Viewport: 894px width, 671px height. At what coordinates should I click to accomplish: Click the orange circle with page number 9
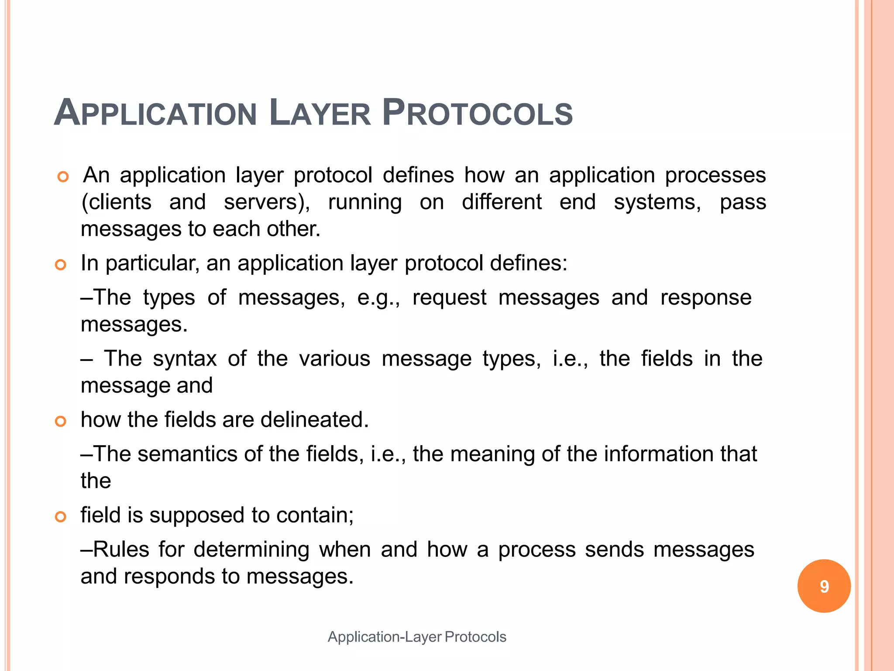coord(824,586)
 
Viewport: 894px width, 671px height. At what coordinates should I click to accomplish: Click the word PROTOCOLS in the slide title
coord(477,113)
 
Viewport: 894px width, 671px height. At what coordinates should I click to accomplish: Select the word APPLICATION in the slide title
coord(155,113)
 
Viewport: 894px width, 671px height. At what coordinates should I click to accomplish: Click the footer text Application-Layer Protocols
coord(417,637)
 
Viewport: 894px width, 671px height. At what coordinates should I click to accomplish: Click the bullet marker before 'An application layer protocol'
coord(63,177)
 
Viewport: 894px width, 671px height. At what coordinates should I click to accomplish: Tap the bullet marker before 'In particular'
coord(61,265)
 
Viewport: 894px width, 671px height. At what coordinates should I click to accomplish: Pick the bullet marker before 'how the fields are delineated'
coord(61,421)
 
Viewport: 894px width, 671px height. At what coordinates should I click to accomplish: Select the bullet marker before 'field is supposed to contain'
coord(61,517)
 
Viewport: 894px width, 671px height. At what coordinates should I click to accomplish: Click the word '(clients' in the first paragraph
coord(117,202)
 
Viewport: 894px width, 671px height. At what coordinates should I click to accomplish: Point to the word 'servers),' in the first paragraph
coord(267,202)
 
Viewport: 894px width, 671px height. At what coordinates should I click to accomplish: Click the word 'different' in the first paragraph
coord(502,202)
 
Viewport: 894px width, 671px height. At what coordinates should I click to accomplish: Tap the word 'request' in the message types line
coord(449,298)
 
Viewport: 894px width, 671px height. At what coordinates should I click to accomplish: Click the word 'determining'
coord(251,550)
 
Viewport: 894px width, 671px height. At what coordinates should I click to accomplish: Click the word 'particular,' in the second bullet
coord(152,263)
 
